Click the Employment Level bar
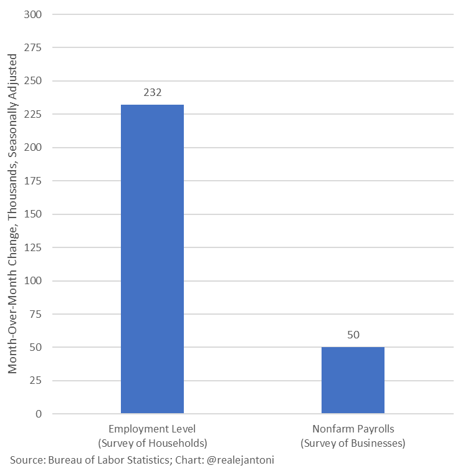pyautogui.click(x=152, y=259)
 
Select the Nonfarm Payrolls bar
pyautogui.click(x=353, y=380)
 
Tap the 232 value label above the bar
pyautogui.click(x=152, y=93)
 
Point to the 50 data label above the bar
pyautogui.click(x=353, y=335)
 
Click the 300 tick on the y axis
pyautogui.click(x=32, y=14)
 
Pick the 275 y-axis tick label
pyautogui.click(x=32, y=47)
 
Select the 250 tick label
pyautogui.click(x=32, y=81)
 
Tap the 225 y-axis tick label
pyautogui.click(x=32, y=114)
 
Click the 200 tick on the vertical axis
pyautogui.click(x=32, y=148)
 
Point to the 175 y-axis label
pyautogui.click(x=32, y=181)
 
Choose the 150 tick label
pyautogui.click(x=32, y=214)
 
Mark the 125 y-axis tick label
pyautogui.click(x=32, y=247)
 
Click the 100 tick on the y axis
pyautogui.click(x=32, y=280)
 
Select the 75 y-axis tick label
pyautogui.click(x=34, y=314)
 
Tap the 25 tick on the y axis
pyautogui.click(x=34, y=380)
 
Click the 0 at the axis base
pyautogui.click(x=38, y=414)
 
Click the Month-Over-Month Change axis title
pyautogui.click(x=12, y=214)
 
